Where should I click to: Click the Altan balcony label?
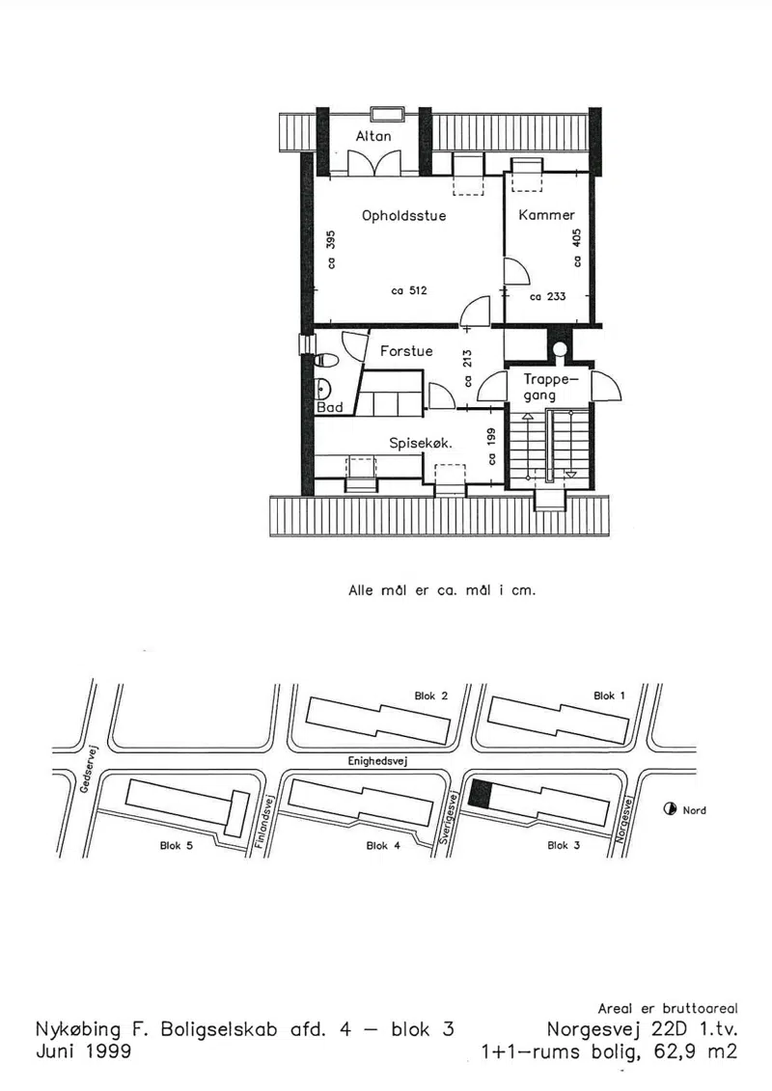click(373, 136)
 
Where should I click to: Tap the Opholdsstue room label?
click(403, 215)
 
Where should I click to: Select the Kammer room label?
click(546, 215)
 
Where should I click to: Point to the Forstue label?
click(406, 351)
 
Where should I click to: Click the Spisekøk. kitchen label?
click(421, 443)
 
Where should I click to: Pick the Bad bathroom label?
click(329, 407)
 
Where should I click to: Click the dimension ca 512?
click(409, 290)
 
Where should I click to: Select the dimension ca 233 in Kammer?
click(548, 296)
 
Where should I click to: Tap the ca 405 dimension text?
click(576, 248)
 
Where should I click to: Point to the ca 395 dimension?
click(331, 249)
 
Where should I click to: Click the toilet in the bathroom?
click(326, 360)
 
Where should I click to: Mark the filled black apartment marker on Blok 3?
click(480, 793)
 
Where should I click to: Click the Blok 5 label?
click(177, 845)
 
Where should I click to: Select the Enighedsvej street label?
click(377, 761)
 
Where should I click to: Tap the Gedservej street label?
click(90, 769)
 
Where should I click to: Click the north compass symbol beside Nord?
click(670, 808)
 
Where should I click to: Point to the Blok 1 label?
click(609, 696)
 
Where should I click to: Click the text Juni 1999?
click(84, 1050)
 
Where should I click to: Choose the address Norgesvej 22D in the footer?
click(617, 1028)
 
